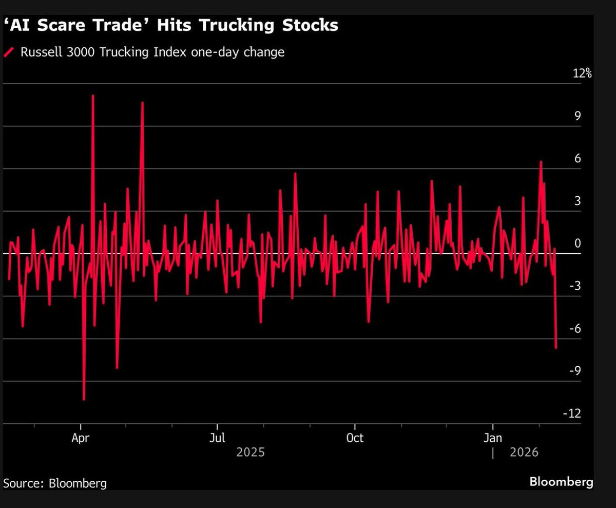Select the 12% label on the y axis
point(582,73)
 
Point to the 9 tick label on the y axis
point(577,116)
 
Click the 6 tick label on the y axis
point(577,158)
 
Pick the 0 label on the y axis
point(577,243)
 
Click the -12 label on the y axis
point(572,413)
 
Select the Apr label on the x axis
point(81,438)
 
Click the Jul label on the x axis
point(217,438)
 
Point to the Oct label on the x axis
point(355,438)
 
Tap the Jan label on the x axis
point(493,438)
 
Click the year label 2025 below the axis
point(251,452)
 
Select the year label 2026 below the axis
point(524,452)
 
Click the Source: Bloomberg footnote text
point(55,483)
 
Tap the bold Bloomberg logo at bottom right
point(561,482)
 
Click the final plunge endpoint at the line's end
point(556,348)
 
